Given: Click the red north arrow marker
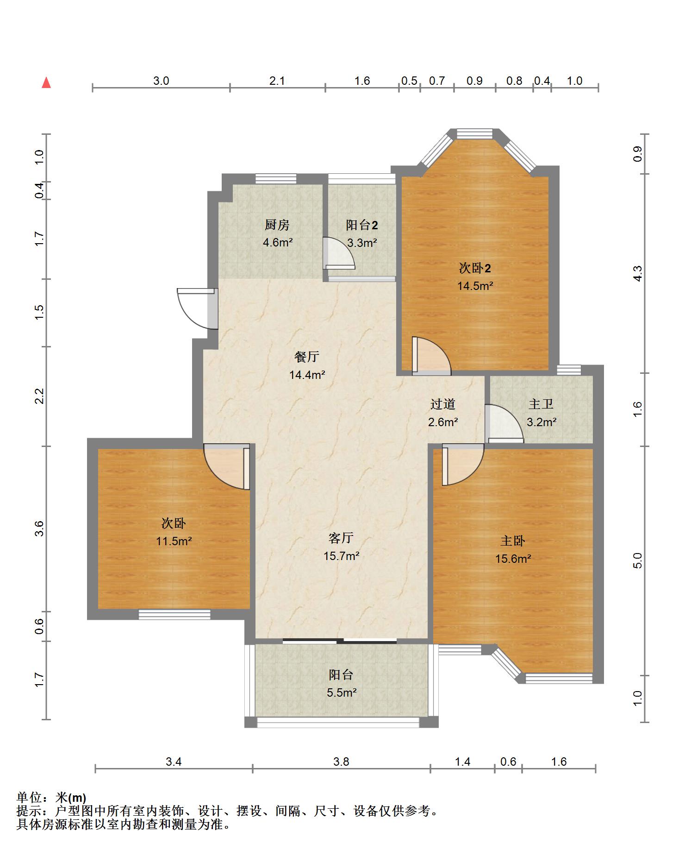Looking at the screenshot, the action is [46, 82].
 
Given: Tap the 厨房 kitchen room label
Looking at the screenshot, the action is [277, 225].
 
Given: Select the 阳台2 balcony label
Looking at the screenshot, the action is [362, 225].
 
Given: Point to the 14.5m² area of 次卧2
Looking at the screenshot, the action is [475, 286].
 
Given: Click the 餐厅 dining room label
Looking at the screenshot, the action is [307, 357].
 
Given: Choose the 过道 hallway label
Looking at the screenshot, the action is [443, 404].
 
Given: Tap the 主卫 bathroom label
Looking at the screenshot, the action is [541, 404].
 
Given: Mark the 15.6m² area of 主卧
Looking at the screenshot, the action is [513, 559].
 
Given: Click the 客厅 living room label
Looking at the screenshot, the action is [341, 537].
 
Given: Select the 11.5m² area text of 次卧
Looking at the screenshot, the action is [174, 541].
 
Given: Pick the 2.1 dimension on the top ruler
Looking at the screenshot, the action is [277, 81].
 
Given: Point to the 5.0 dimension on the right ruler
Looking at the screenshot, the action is [638, 561].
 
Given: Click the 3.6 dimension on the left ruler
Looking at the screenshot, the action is [40, 529].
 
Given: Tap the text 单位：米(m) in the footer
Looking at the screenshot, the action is [51, 798].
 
